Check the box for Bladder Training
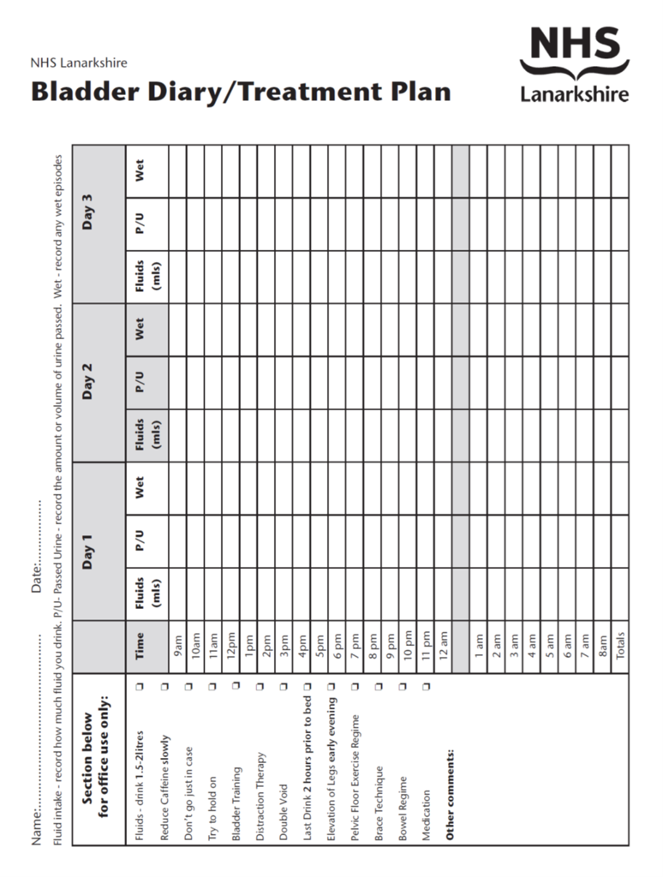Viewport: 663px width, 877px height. click(236, 685)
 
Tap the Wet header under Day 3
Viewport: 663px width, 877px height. click(140, 171)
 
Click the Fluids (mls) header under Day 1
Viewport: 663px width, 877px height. click(146, 594)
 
